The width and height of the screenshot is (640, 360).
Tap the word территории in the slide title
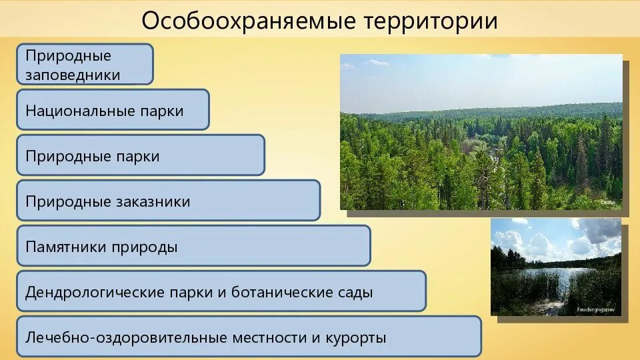tap(431, 21)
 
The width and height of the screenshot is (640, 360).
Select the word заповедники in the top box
tap(73, 74)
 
